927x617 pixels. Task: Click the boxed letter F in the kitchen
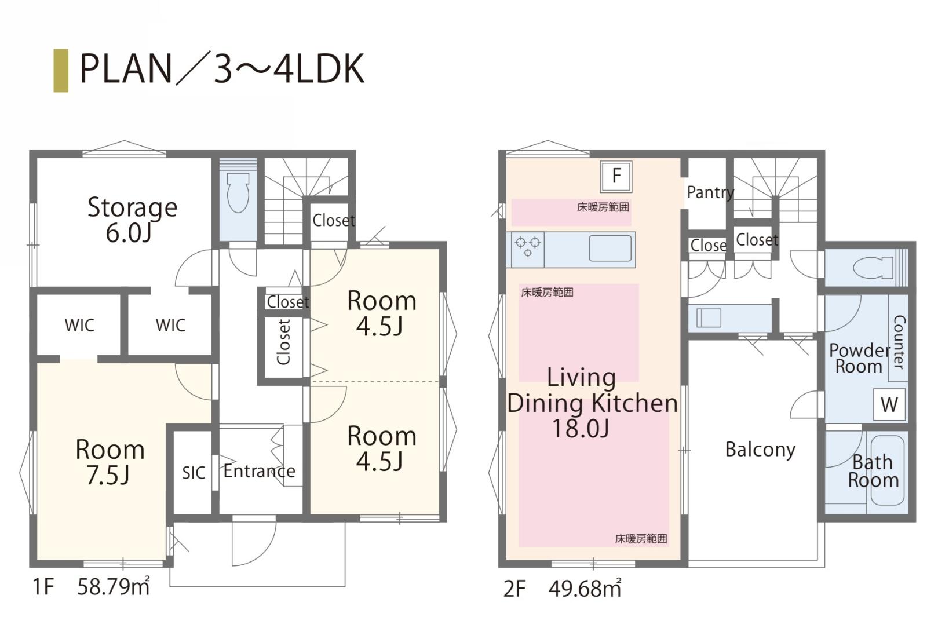click(616, 176)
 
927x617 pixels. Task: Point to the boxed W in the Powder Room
click(889, 404)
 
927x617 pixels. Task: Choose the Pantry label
click(710, 192)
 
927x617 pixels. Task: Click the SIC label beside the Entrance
click(194, 473)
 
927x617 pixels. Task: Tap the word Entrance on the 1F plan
click(260, 471)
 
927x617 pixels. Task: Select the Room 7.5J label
click(110, 462)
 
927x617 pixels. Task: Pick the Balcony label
click(760, 450)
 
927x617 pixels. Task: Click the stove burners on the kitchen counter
click(528, 246)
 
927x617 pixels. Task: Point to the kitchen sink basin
click(610, 249)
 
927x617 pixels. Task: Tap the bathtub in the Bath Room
click(887, 470)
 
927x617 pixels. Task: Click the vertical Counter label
click(899, 342)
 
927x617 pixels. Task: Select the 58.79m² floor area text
click(114, 586)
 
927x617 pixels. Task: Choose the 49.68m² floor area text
click(585, 588)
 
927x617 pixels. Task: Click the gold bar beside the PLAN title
click(61, 70)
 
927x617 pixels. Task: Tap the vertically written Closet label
click(283, 342)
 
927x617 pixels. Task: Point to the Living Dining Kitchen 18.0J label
click(592, 403)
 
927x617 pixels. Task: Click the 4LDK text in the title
click(319, 68)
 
